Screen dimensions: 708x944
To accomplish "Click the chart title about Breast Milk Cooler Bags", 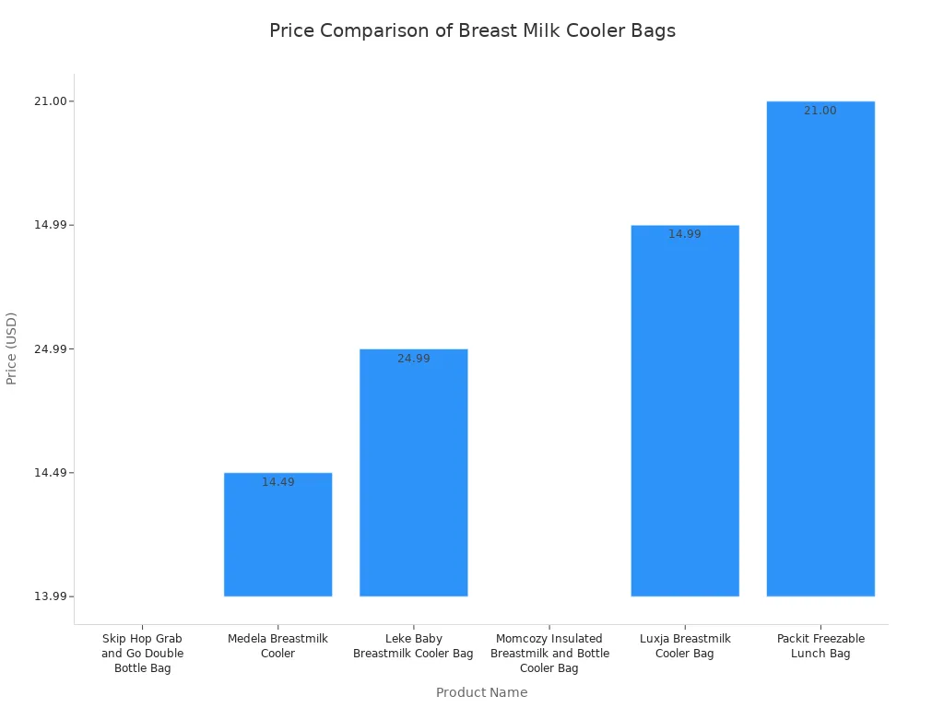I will (x=472, y=30).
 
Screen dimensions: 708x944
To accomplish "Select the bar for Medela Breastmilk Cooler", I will (x=277, y=539).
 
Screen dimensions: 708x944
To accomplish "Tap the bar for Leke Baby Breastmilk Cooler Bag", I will (x=413, y=475).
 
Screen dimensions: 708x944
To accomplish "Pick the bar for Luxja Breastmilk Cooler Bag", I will (x=685, y=415).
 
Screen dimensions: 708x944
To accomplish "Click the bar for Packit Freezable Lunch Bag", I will (x=820, y=350).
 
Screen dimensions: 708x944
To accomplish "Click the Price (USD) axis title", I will (x=12, y=348).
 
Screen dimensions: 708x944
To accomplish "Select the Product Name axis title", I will (x=481, y=692).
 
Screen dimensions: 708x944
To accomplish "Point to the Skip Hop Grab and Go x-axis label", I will (x=143, y=653).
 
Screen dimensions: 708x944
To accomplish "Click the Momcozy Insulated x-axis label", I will (x=549, y=653).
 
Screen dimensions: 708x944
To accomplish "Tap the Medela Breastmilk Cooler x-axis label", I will (x=277, y=645).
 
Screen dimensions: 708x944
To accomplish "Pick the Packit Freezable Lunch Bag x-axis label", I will (x=820, y=645).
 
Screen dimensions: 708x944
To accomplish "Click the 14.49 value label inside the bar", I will (x=277, y=482).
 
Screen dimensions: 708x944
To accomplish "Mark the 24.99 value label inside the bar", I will (x=413, y=359).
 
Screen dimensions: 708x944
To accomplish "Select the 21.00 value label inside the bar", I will (x=820, y=111).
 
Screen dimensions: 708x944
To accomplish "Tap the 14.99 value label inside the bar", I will (x=685, y=234).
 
